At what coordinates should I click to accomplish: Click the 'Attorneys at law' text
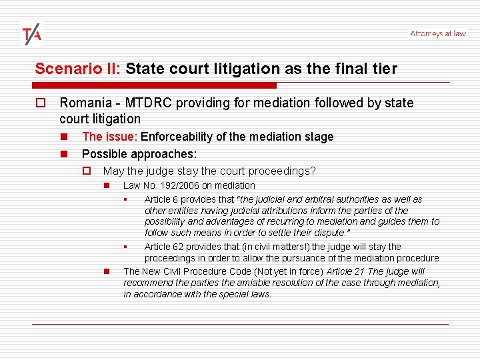click(438, 33)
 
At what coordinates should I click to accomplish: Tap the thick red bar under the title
click(155, 85)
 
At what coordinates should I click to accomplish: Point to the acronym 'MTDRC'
click(143, 103)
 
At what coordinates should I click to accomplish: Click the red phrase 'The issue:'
click(109, 137)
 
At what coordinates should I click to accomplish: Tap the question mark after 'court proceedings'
click(313, 171)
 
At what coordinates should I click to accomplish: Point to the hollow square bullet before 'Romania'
click(40, 103)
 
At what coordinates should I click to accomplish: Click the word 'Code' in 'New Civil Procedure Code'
click(227, 271)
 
